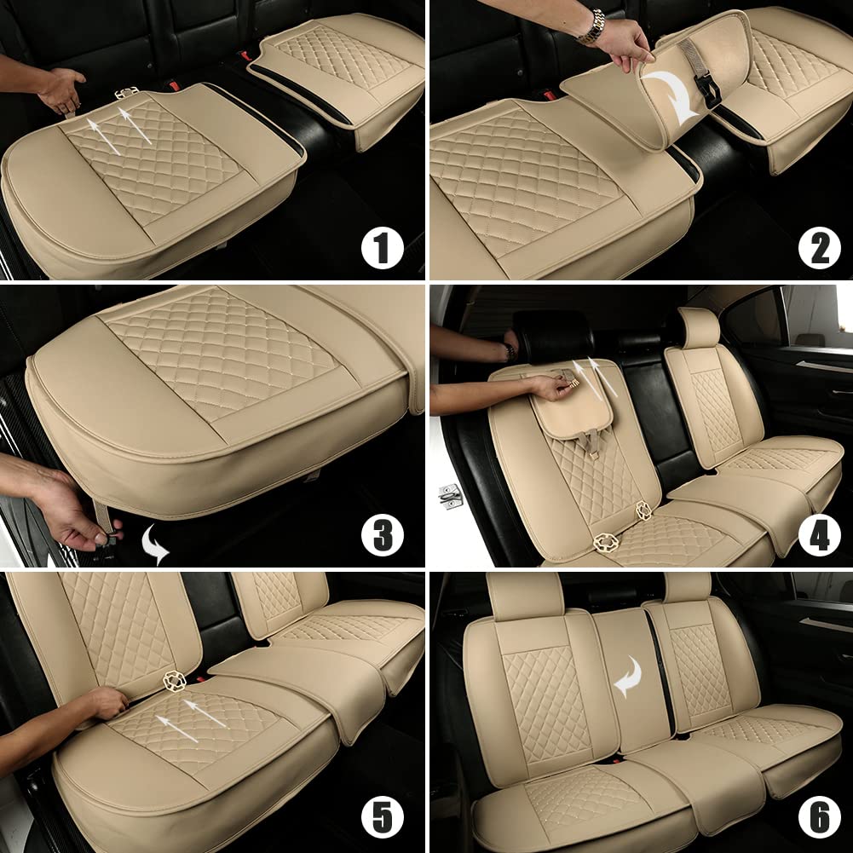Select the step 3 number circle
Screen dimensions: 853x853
tap(381, 535)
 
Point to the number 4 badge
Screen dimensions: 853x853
tap(819, 535)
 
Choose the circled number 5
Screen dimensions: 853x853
tap(381, 819)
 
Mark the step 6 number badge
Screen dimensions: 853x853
tap(819, 819)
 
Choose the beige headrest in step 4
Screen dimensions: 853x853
tap(699, 327)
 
